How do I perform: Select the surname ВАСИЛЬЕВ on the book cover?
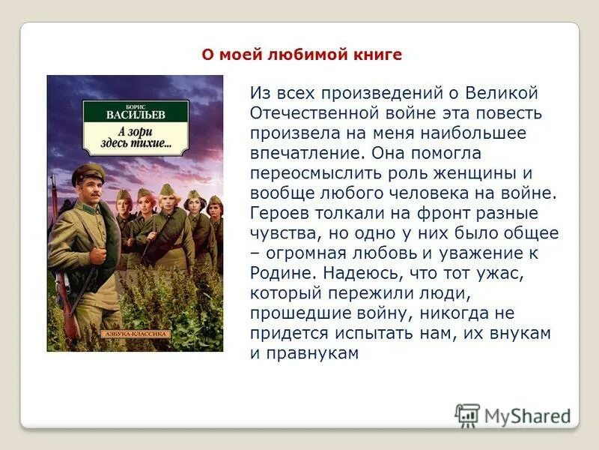coord(135,114)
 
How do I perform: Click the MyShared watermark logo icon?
coord(467,415)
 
